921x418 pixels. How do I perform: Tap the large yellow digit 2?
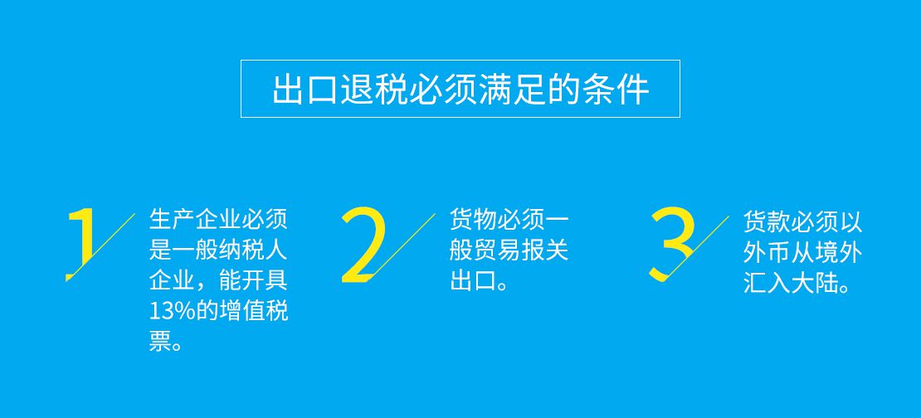pyautogui.click(x=365, y=244)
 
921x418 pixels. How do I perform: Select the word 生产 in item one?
pyautogui.click(x=172, y=220)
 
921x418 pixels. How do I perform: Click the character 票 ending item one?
pyautogui.click(x=160, y=342)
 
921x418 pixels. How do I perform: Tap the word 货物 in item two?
pyautogui.click(x=473, y=220)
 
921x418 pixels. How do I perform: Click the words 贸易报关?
pyautogui.click(x=523, y=250)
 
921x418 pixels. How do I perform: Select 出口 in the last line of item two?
pyautogui.click(x=473, y=280)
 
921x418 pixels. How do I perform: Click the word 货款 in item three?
pyautogui.click(x=767, y=222)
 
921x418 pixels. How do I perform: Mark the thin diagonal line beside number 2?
pyautogui.click(x=402, y=245)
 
